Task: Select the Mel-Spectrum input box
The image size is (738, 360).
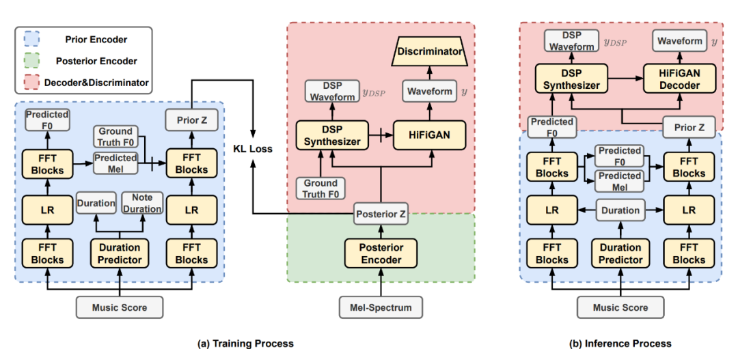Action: [x=381, y=308]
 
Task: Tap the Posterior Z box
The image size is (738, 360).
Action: [x=381, y=214]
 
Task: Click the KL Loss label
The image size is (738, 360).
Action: [x=254, y=150]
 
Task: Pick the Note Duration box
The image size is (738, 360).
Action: [x=141, y=204]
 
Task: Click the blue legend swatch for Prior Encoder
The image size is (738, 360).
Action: [x=28, y=40]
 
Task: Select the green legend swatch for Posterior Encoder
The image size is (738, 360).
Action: [x=28, y=61]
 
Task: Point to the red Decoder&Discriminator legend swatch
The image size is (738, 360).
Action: [x=28, y=83]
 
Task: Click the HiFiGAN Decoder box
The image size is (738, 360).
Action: [x=680, y=79]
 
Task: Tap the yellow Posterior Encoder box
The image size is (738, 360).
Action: [x=381, y=253]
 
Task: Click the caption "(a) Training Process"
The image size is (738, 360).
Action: [x=245, y=344]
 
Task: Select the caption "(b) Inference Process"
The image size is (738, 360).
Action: [x=620, y=344]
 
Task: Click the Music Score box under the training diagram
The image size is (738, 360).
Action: [x=121, y=308]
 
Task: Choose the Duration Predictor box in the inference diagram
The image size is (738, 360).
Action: [x=620, y=253]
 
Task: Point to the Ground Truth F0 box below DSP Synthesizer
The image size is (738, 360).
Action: [x=320, y=188]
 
